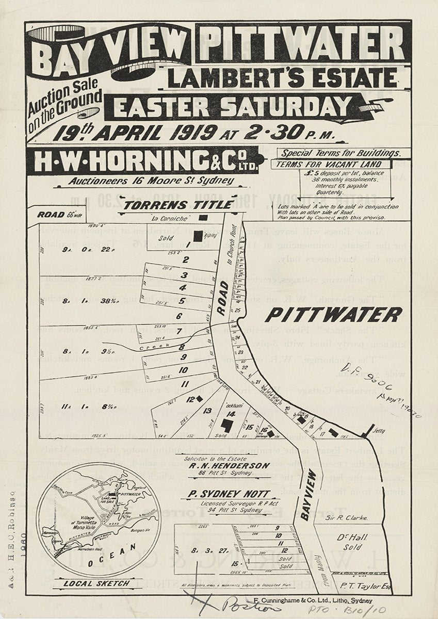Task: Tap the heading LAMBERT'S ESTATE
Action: pos(282,78)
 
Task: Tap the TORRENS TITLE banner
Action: pos(178,205)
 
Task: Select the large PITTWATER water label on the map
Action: pos(333,314)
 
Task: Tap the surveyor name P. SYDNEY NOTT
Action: pos(228,494)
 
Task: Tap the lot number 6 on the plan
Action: pos(179,316)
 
